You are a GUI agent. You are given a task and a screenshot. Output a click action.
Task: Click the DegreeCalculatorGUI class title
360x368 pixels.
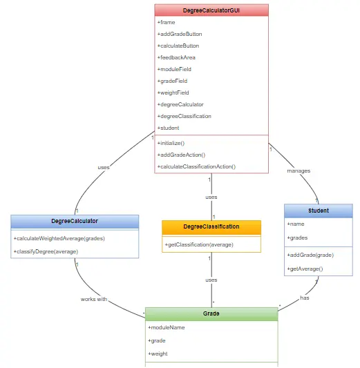[211, 10]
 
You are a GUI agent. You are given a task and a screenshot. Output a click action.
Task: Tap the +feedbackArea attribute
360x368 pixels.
[176, 57]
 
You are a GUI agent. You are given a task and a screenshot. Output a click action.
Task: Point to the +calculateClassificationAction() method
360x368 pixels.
[196, 166]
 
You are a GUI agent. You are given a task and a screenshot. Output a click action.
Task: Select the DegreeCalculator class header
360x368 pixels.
[75, 221]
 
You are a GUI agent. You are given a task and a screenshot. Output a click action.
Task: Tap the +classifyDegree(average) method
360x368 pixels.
[46, 251]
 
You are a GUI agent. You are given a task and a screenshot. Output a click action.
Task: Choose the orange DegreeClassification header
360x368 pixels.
[211, 226]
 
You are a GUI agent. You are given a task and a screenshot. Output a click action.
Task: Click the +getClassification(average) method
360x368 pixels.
[199, 244]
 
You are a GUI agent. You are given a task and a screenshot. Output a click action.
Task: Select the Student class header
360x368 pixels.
[318, 211]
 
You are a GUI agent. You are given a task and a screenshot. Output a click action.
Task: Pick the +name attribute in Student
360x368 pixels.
[296, 224]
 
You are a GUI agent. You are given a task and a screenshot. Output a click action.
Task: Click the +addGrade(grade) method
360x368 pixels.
[305, 255]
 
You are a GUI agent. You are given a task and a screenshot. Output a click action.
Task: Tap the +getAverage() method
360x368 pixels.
[305, 268]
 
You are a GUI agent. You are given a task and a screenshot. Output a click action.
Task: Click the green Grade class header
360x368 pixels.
[211, 313]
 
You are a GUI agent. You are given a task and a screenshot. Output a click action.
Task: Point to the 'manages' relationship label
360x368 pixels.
[299, 171]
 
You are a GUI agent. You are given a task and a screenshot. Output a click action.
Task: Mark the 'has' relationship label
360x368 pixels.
[304, 298]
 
